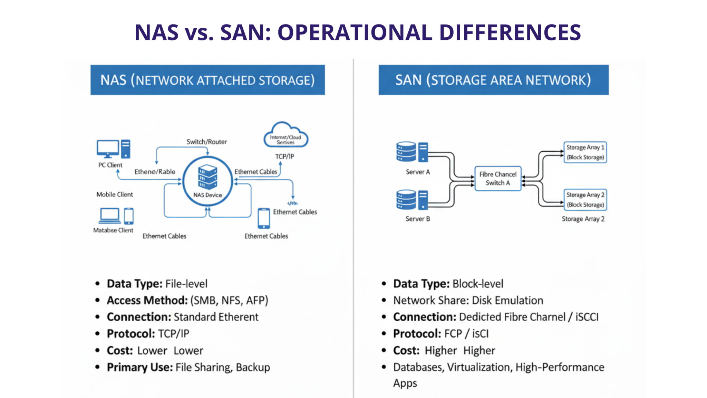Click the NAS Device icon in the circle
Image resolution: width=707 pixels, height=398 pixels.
click(207, 177)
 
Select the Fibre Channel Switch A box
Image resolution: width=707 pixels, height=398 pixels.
click(498, 179)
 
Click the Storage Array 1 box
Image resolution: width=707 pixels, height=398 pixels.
click(585, 152)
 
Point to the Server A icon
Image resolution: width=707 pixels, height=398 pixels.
click(412, 152)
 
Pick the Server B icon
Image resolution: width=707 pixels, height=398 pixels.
click(412, 200)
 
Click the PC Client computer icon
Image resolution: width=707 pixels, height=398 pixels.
click(113, 149)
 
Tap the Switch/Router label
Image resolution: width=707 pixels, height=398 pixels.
click(207, 142)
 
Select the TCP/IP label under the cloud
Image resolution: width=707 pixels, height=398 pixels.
click(284, 157)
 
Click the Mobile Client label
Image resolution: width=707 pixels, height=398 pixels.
click(115, 195)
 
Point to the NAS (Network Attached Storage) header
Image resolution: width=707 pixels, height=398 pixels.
click(207, 80)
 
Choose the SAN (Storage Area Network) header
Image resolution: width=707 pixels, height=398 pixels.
click(493, 80)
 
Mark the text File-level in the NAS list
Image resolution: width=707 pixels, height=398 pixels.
click(186, 284)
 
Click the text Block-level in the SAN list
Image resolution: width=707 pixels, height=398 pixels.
click(478, 284)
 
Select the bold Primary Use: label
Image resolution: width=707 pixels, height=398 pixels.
click(140, 367)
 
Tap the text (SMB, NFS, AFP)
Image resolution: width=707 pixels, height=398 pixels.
click(229, 301)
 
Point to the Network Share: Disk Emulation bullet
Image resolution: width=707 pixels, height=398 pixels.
click(468, 301)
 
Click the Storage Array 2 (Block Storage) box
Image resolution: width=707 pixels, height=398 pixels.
click(585, 200)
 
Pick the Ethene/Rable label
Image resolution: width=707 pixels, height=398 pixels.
click(155, 172)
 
